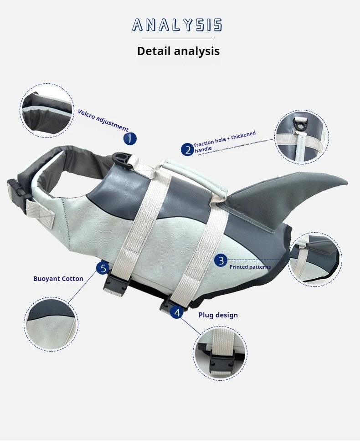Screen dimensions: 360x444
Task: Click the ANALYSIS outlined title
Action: coord(177,25)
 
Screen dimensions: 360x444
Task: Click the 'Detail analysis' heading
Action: coord(178,51)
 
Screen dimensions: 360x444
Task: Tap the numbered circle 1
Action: coord(130,139)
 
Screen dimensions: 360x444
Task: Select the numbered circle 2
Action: coord(188,149)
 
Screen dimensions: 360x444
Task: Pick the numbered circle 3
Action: coord(221,260)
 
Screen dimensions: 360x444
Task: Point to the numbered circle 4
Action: coord(177,312)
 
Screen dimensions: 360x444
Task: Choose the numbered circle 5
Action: coord(103,268)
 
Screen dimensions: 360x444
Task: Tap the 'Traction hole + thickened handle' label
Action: coord(225,142)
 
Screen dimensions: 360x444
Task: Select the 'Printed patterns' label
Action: coord(250,267)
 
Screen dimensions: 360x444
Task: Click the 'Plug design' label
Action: coord(218,315)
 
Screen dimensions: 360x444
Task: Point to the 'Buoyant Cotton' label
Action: coord(58,279)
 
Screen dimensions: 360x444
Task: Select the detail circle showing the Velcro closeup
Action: coord(47,111)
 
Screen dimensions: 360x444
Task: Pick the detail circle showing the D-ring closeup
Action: coord(302,137)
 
